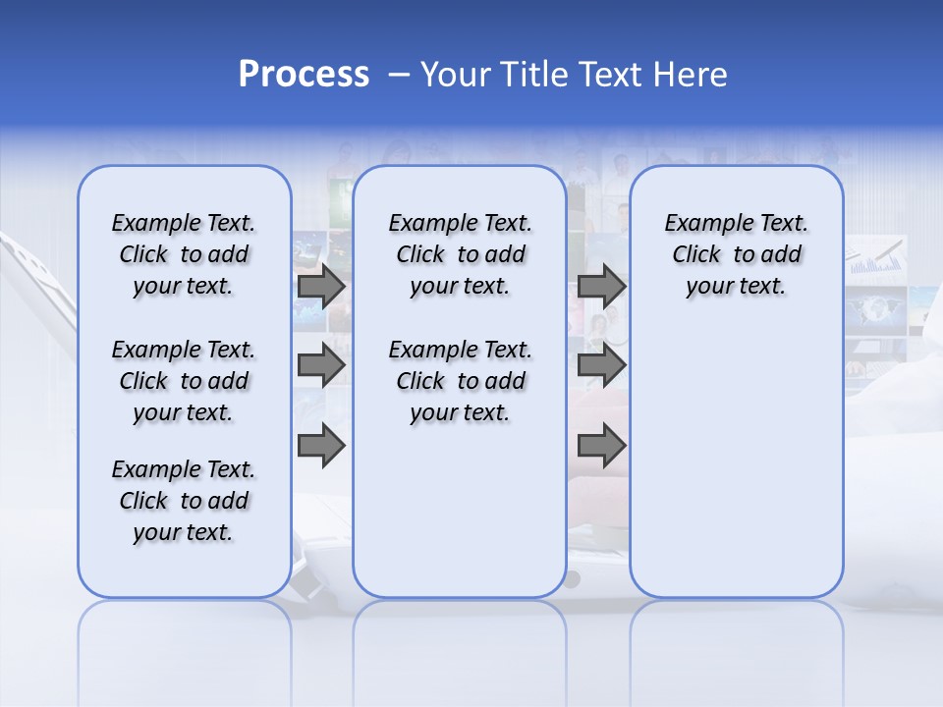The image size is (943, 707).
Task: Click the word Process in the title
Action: (304, 75)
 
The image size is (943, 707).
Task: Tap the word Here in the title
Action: (689, 75)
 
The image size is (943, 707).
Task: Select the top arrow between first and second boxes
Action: (321, 286)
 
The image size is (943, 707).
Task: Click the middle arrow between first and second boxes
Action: (321, 366)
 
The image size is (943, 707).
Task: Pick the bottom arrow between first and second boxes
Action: (321, 446)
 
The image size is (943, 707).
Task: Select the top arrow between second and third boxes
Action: (601, 286)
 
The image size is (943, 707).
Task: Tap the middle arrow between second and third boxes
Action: (601, 366)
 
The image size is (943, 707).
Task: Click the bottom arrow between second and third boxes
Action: (601, 446)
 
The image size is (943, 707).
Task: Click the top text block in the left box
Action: (184, 254)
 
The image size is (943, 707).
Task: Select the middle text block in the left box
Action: (184, 381)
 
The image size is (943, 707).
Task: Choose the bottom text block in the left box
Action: (184, 501)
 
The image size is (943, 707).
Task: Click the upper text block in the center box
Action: (460, 254)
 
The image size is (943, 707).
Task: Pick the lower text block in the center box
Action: (460, 381)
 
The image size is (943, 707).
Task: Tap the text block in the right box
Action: (736, 254)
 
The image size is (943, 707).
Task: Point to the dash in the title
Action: (399, 75)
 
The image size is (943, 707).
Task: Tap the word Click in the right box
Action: (696, 254)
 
